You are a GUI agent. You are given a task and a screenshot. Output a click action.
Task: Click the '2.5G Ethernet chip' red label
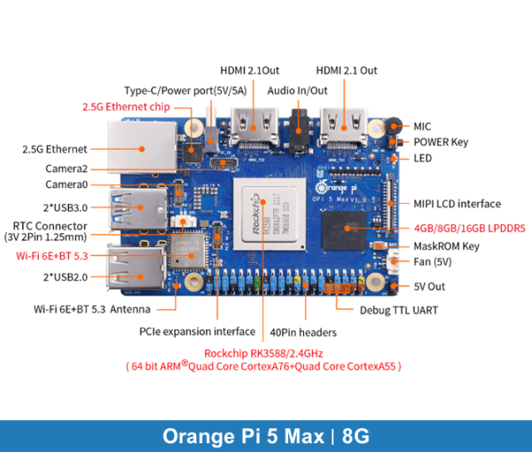click(x=126, y=106)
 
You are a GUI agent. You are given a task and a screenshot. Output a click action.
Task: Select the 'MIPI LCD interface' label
click(x=456, y=204)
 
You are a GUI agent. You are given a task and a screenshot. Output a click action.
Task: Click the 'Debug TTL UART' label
click(x=398, y=310)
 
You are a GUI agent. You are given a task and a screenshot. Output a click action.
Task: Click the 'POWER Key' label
click(x=441, y=142)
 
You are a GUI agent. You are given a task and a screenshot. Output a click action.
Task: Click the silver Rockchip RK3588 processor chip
click(x=265, y=214)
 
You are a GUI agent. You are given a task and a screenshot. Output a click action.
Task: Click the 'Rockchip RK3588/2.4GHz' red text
click(x=263, y=354)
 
